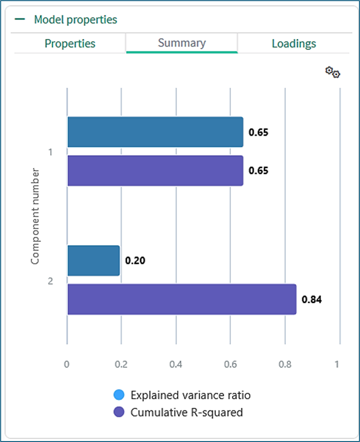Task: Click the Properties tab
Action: click(70, 44)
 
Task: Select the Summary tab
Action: click(181, 43)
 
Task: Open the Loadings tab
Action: click(294, 44)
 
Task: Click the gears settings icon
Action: click(333, 72)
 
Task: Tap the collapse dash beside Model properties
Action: click(20, 20)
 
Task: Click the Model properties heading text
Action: click(75, 20)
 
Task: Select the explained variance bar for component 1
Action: click(155, 132)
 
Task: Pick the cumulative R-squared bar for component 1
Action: click(155, 170)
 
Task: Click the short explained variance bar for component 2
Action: click(93, 261)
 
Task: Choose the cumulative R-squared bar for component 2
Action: click(181, 299)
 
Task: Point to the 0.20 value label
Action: click(135, 261)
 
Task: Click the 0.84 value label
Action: click(312, 300)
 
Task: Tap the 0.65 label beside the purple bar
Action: click(258, 171)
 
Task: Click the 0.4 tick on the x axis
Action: click(176, 364)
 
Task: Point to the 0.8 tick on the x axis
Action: click(285, 364)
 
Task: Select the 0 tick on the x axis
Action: click(67, 364)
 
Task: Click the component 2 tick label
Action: click(50, 281)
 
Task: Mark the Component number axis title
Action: click(35, 216)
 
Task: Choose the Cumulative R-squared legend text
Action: click(187, 412)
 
